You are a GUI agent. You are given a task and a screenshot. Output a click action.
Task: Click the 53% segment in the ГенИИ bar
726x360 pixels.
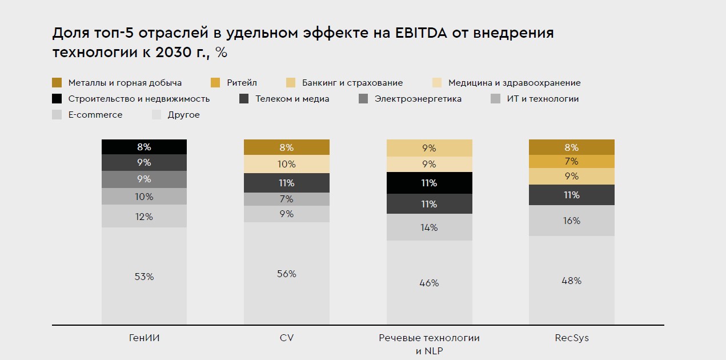pyautogui.click(x=145, y=277)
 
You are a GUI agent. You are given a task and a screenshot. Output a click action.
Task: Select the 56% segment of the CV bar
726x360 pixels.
pyautogui.click(x=287, y=274)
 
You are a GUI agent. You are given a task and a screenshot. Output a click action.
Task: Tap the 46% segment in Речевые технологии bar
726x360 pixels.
pyautogui.click(x=429, y=283)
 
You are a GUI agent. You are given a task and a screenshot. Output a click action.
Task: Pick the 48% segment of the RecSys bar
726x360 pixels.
pyautogui.click(x=572, y=281)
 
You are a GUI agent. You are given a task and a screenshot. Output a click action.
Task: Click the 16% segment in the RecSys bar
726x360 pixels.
pyautogui.click(x=572, y=221)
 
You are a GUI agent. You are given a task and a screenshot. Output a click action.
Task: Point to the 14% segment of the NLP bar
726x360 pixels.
pyautogui.click(x=429, y=227)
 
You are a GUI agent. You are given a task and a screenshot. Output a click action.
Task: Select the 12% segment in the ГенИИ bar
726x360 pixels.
pyautogui.click(x=145, y=217)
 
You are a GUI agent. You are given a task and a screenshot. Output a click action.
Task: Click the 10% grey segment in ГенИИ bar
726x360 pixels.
pyautogui.click(x=145, y=197)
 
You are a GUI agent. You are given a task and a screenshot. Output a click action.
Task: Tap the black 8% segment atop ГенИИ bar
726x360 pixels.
pyautogui.click(x=145, y=147)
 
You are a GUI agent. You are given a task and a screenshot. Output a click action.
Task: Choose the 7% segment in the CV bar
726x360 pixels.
pyautogui.click(x=287, y=199)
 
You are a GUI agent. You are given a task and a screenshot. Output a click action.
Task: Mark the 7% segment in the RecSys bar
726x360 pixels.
pyautogui.click(x=572, y=161)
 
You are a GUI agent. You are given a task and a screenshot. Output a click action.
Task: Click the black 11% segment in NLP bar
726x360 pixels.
pyautogui.click(x=429, y=183)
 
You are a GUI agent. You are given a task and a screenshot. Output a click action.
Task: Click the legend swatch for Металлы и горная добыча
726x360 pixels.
pyautogui.click(x=57, y=83)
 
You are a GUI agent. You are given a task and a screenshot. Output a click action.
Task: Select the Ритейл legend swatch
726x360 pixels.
pyautogui.click(x=215, y=83)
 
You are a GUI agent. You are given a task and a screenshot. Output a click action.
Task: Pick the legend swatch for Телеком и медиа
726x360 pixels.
pyautogui.click(x=243, y=99)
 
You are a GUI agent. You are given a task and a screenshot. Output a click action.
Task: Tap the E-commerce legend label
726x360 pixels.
pyautogui.click(x=95, y=115)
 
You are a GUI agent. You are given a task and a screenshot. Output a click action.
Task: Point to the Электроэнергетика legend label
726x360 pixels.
pyautogui.click(x=418, y=99)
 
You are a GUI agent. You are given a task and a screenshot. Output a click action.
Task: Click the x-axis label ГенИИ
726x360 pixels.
pyautogui.click(x=145, y=338)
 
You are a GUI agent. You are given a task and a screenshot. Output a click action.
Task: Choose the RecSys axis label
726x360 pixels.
pyautogui.click(x=572, y=338)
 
